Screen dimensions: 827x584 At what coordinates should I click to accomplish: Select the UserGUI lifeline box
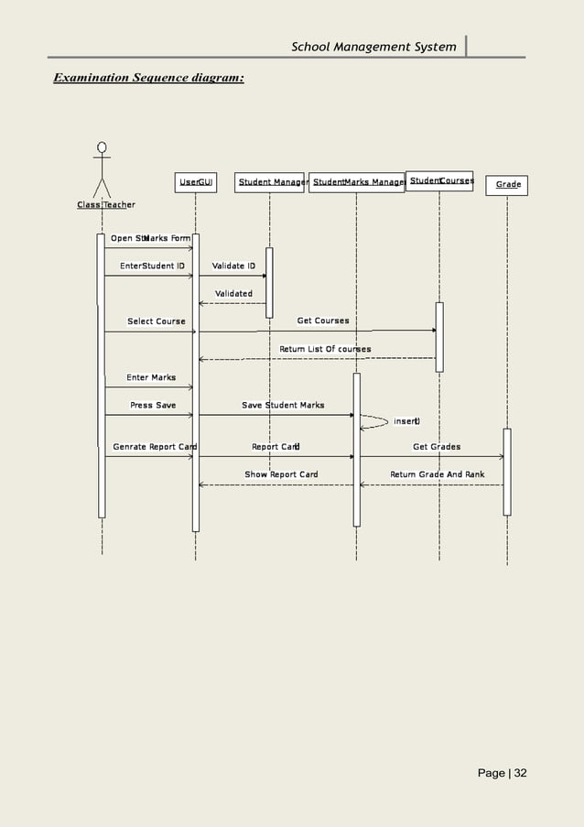(x=196, y=183)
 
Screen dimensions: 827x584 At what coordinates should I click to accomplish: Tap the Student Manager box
(x=270, y=183)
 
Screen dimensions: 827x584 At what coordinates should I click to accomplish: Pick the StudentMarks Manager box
(x=357, y=183)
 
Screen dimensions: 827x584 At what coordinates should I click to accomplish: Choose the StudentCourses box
(x=440, y=181)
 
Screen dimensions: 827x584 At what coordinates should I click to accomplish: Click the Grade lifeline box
(x=508, y=185)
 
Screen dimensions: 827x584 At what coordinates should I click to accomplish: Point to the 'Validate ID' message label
(x=233, y=266)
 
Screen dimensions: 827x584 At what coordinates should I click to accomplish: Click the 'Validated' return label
(x=233, y=294)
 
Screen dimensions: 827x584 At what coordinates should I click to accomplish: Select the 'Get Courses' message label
(x=322, y=321)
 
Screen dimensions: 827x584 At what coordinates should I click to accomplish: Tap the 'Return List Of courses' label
(x=325, y=349)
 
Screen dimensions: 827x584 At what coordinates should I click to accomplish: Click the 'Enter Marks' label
(x=151, y=377)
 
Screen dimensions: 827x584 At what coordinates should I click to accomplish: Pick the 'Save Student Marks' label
(x=283, y=405)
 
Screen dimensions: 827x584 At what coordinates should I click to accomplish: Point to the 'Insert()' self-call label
(x=406, y=421)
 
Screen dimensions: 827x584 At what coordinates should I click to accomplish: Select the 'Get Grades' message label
(x=437, y=447)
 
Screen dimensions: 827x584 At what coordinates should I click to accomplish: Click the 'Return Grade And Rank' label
(x=438, y=474)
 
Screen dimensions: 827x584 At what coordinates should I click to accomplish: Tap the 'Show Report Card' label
(x=281, y=474)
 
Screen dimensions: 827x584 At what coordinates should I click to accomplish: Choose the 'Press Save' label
(x=153, y=405)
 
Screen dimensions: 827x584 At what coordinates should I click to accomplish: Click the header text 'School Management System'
(x=373, y=47)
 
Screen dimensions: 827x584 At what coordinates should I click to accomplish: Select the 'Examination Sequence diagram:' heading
(x=148, y=79)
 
